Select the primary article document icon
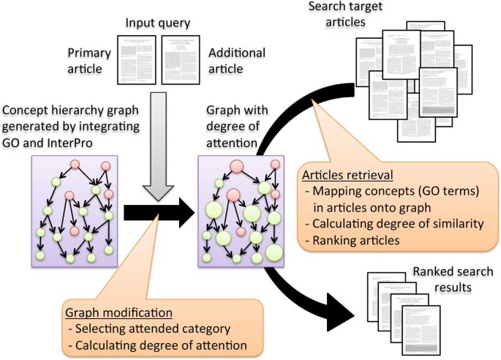[139, 58]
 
